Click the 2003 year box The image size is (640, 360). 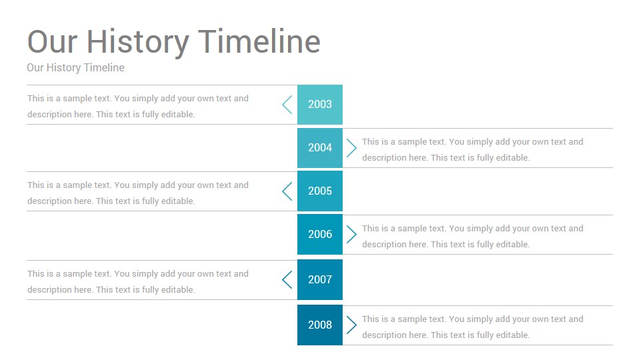319,105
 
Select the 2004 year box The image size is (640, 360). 319,148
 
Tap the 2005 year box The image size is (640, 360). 319,191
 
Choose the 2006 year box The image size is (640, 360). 319,234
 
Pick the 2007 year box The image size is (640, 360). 319,279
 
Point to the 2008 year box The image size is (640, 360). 319,325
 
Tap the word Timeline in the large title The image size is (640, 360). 259,41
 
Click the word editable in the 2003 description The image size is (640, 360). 178,114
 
